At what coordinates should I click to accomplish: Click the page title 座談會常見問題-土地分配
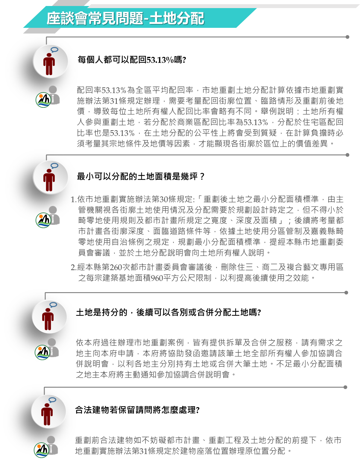point(125,19)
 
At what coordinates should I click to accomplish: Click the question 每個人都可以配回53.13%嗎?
point(132,60)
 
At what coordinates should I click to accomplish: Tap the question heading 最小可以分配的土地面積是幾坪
point(140,176)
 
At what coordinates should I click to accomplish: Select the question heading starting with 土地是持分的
point(168,312)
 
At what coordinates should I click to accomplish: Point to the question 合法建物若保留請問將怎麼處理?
point(137,410)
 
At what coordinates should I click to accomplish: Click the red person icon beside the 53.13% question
point(49,64)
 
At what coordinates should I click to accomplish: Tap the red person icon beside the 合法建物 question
point(47,414)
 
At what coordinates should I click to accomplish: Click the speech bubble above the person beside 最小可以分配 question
point(54,166)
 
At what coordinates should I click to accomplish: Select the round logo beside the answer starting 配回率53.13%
point(43,100)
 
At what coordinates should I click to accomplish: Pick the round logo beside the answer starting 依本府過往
point(42,352)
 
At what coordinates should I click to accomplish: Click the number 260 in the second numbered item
point(116,267)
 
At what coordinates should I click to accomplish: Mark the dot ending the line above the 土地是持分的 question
point(346,293)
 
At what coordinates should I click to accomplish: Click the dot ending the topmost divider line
point(347,37)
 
